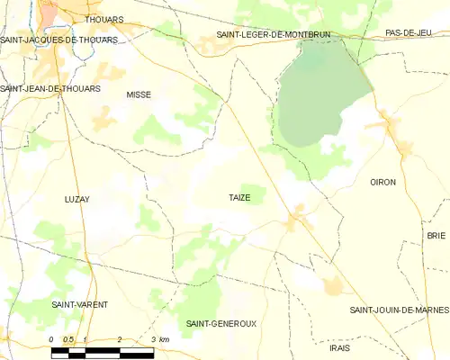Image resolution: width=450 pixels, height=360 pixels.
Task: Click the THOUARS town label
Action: click(103, 18)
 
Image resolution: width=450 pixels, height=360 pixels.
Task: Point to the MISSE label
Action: click(139, 94)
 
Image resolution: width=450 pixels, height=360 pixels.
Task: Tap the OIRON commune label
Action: click(382, 182)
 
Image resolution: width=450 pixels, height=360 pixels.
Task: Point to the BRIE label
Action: click(436, 235)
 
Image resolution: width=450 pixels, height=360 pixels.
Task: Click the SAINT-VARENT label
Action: click(79, 305)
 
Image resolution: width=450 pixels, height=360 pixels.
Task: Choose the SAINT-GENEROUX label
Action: click(220, 323)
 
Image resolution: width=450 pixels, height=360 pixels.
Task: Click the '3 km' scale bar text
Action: click(159, 339)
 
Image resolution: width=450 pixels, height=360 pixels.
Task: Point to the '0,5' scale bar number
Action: click(67, 339)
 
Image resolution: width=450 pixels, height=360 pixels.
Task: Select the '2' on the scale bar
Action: click(119, 339)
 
